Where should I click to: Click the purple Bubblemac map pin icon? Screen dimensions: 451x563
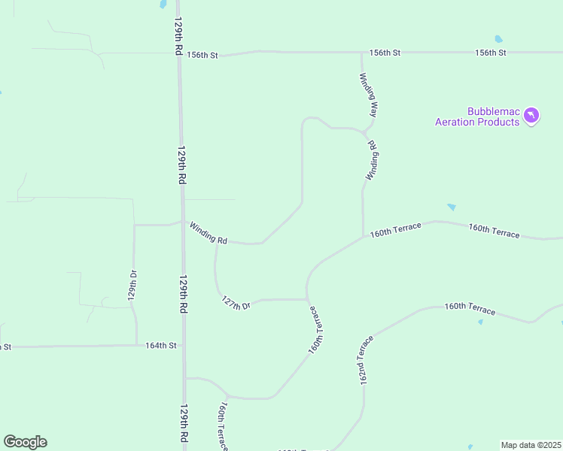[532, 115]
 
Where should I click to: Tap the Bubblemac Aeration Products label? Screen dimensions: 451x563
[478, 117]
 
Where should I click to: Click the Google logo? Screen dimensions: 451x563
[25, 442]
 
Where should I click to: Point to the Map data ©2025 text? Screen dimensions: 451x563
[531, 445]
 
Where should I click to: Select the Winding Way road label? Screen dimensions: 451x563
[368, 94]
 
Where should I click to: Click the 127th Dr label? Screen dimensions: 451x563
[236, 302]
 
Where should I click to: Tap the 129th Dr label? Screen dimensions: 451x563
[132, 285]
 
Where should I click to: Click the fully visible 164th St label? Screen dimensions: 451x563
[160, 346]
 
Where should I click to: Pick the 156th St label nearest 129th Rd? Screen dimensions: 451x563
[202, 55]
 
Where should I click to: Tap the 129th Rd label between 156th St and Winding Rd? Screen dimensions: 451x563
[181, 165]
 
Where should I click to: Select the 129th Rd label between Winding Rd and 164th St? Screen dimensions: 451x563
[183, 294]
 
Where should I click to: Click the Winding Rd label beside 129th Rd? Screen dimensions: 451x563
[208, 232]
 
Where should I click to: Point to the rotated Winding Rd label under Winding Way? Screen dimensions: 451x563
[372, 159]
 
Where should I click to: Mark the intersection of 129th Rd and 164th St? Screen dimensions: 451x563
[184, 346]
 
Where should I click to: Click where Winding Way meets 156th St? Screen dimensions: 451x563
[362, 53]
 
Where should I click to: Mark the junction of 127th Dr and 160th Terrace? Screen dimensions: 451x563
[306, 298]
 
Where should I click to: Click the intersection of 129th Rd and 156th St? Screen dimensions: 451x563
[178, 54]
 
